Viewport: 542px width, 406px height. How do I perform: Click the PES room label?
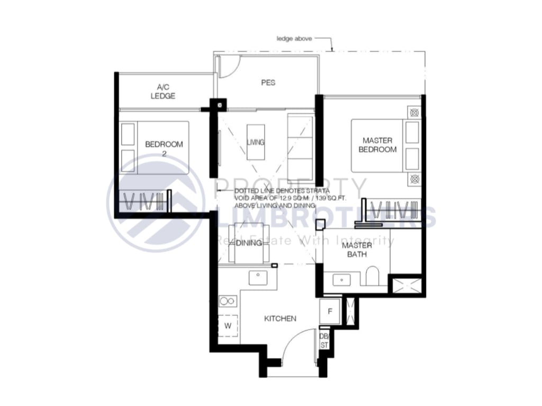(x=268, y=83)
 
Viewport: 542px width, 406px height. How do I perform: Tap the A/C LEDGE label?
(x=162, y=91)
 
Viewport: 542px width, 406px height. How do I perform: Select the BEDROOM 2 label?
(x=164, y=148)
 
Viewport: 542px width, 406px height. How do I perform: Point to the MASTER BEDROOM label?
(x=377, y=145)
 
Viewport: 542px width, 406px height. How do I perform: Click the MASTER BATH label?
(x=357, y=250)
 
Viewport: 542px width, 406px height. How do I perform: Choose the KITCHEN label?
(x=280, y=319)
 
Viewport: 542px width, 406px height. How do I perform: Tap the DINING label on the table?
(x=249, y=243)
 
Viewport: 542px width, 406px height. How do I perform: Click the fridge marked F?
(x=329, y=311)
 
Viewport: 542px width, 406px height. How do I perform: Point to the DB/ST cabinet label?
(x=324, y=341)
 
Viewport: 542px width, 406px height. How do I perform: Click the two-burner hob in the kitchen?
(x=228, y=301)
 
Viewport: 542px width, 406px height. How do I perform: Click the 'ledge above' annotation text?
(x=295, y=39)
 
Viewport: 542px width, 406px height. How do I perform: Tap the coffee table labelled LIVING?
(x=256, y=142)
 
